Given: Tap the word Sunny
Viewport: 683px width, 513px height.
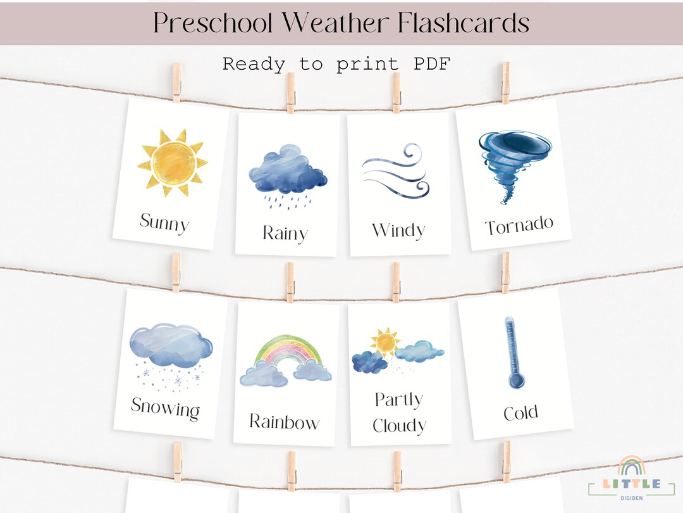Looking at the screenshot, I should click(x=164, y=223).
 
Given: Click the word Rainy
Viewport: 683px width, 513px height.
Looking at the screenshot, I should click(x=285, y=233).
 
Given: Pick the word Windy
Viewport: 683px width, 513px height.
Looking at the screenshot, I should click(x=398, y=230).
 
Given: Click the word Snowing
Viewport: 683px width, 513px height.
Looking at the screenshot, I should click(x=165, y=407).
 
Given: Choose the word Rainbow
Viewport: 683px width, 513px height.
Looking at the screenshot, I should click(x=285, y=421).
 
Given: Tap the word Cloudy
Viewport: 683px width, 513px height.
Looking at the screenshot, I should click(x=399, y=426).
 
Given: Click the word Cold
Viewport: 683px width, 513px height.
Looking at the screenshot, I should click(x=520, y=414).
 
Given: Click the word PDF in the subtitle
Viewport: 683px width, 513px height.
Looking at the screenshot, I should click(x=427, y=64).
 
